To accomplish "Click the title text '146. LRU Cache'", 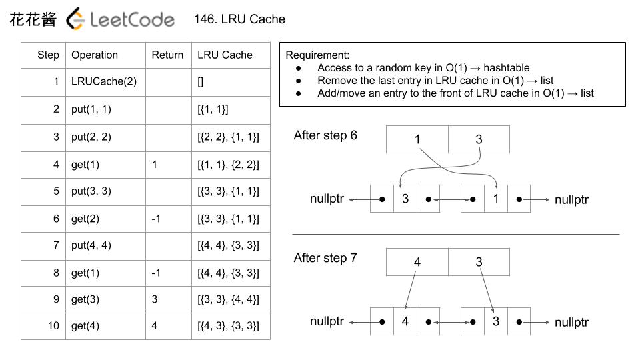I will click(x=239, y=19).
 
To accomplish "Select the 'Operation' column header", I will click(x=95, y=55).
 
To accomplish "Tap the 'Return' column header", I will click(x=167, y=55).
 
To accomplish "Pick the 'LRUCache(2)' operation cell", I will click(x=104, y=82).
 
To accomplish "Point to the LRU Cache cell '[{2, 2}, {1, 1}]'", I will click(x=228, y=137).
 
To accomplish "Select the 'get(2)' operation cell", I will click(x=85, y=218).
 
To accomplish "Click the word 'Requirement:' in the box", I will click(x=317, y=55).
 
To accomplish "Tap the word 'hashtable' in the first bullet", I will click(x=507, y=67).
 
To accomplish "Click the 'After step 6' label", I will click(x=325, y=135).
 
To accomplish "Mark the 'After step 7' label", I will click(x=325, y=258).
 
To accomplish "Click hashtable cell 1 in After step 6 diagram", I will click(x=417, y=139).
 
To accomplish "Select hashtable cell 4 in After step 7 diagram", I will click(x=417, y=262).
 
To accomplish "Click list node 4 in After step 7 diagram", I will click(x=405, y=321).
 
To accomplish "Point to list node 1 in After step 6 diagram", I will click(x=495, y=199).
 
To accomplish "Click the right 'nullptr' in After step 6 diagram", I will click(x=571, y=199).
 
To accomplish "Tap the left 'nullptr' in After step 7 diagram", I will click(x=327, y=321).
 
